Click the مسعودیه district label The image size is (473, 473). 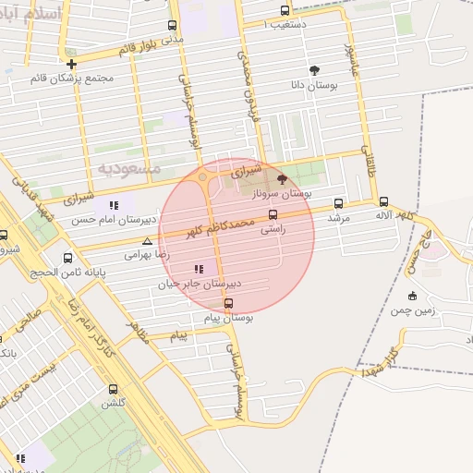point(129,168)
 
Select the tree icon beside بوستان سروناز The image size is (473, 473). point(282,179)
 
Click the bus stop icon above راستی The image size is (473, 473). point(273,213)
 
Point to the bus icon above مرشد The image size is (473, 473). point(338,203)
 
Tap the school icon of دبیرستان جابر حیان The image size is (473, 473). point(199,269)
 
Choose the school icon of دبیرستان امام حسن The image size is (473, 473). point(114,205)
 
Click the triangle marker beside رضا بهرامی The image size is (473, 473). point(146,241)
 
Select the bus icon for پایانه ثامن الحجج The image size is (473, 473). point(67,258)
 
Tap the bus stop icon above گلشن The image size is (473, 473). point(114,389)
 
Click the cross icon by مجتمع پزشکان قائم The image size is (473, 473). point(71,64)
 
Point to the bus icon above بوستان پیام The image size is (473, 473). point(228,303)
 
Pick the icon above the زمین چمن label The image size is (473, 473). point(412,296)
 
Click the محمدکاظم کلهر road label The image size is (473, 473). point(220,226)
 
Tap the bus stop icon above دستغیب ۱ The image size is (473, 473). point(285,10)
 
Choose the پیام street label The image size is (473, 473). point(178,337)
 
